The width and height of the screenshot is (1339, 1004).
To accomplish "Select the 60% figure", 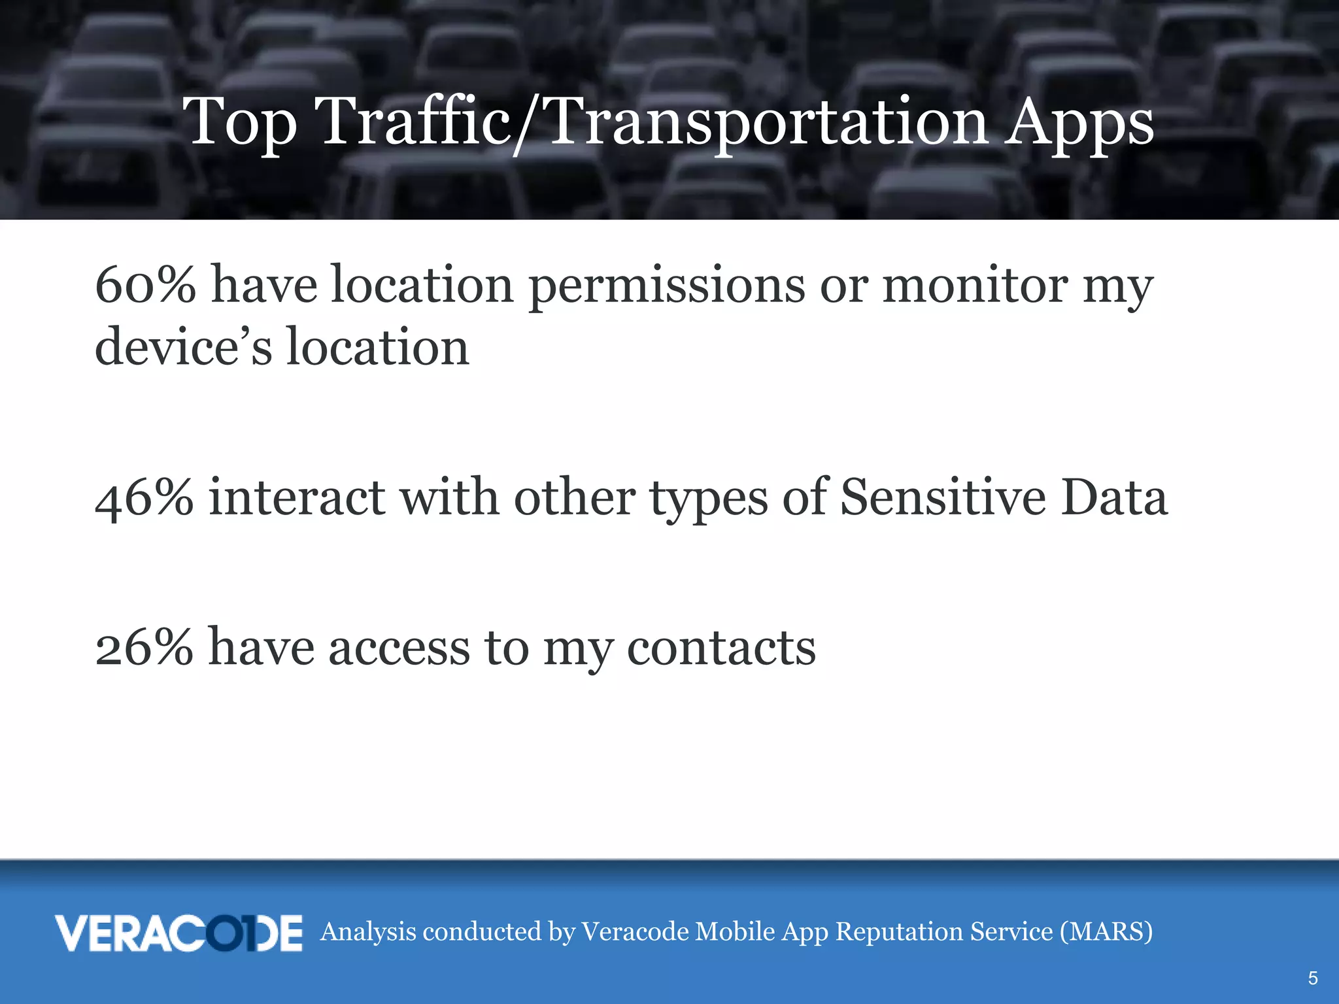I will point(145,285).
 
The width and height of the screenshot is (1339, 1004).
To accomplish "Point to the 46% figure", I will point(144,498).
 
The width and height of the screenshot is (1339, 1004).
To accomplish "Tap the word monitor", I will point(975,285).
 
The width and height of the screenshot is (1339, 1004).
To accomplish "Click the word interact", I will point(297,498).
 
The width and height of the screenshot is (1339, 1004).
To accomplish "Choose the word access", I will point(399,648).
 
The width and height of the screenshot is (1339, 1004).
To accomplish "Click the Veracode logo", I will point(178,933).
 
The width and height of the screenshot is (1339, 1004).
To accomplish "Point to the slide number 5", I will point(1312,978).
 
